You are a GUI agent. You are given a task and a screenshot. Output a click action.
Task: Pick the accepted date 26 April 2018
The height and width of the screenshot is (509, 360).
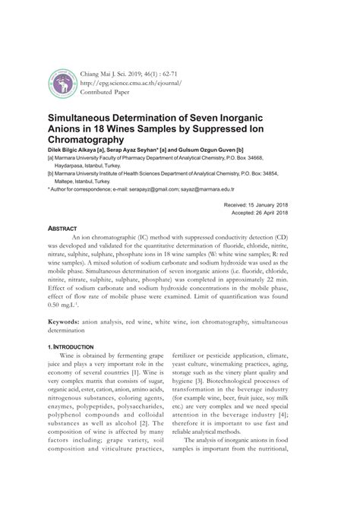[x=289, y=213]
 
